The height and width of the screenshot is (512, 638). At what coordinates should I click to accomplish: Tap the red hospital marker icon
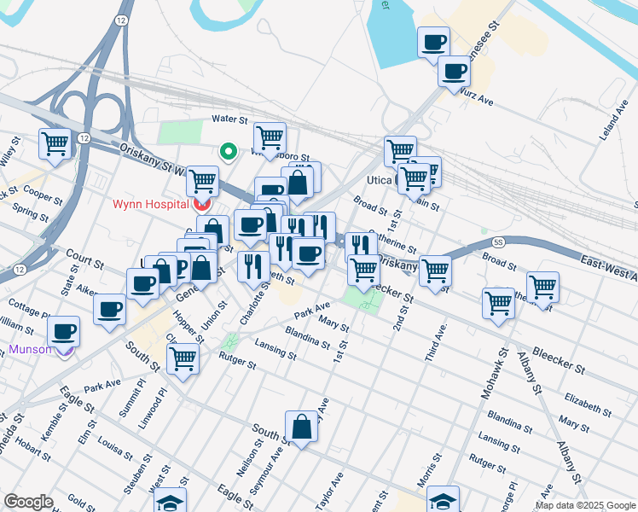[x=202, y=204]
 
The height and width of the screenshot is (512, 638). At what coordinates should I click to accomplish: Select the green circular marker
[x=228, y=152]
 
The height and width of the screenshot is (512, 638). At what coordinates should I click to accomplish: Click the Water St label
[x=229, y=120]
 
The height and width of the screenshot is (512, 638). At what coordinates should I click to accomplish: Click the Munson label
[x=30, y=349]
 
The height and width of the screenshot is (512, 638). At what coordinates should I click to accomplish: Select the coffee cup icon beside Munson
[x=63, y=331]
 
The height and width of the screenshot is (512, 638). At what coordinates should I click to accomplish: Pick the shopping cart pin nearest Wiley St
[x=55, y=143]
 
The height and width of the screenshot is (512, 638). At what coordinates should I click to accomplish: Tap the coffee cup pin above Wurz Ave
[x=433, y=42]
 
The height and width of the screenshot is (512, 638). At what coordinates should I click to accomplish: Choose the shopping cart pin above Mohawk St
[x=498, y=302]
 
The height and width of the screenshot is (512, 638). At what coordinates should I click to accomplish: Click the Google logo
[x=28, y=502]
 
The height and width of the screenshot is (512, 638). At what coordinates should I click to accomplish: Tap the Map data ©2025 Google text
[x=584, y=505]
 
